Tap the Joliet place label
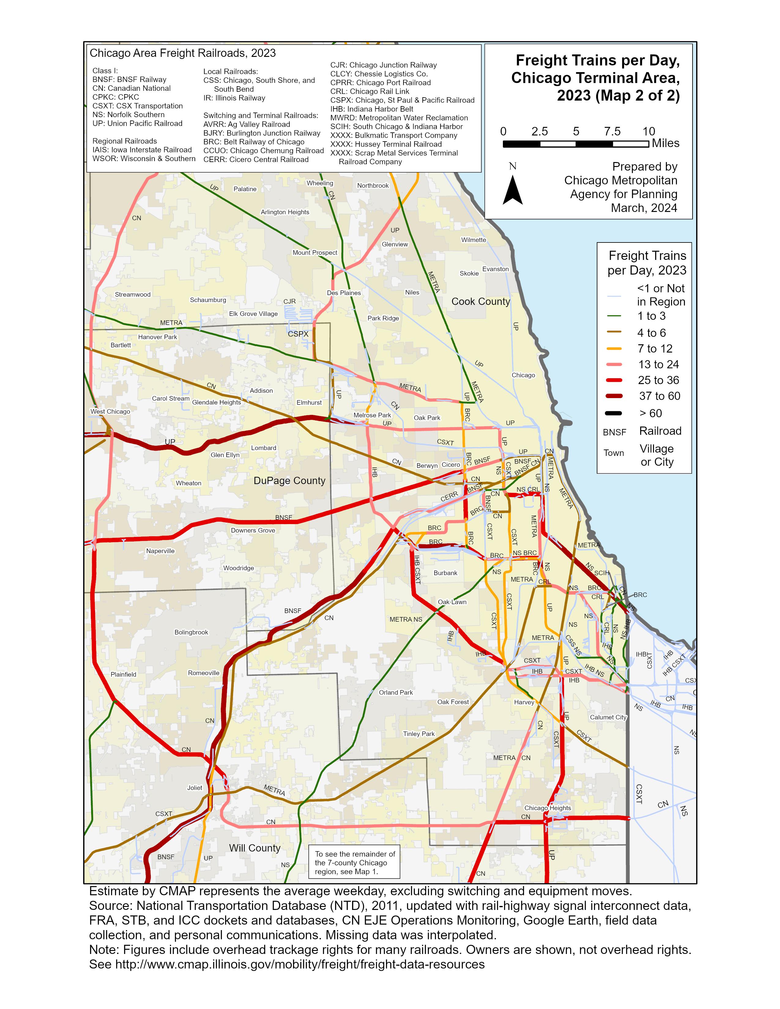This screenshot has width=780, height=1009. click(x=195, y=788)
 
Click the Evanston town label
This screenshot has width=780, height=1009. click(x=495, y=269)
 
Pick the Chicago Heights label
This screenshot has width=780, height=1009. click(x=548, y=808)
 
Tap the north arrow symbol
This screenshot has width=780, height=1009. click(x=512, y=190)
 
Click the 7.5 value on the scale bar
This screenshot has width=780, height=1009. click(x=612, y=132)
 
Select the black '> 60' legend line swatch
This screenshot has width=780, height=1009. click(x=614, y=413)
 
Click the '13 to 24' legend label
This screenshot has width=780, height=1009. click(x=659, y=364)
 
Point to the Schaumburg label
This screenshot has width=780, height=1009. click(x=208, y=300)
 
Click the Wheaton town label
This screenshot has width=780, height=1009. click(x=188, y=483)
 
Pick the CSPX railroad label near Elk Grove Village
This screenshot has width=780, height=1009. click(x=298, y=334)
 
